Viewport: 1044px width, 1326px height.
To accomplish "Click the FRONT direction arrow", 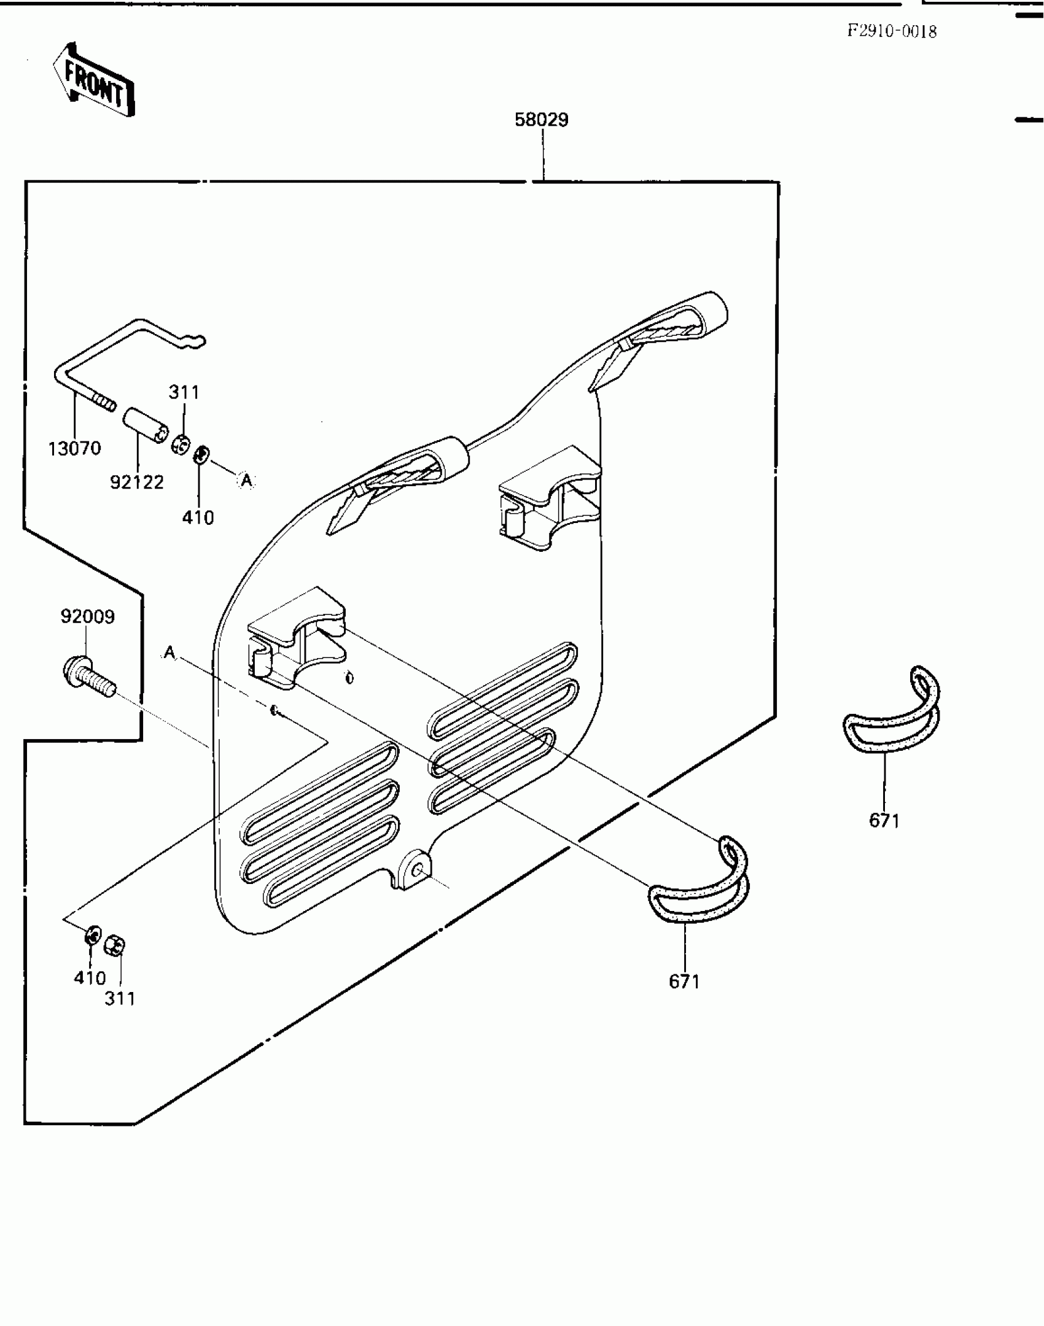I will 94,80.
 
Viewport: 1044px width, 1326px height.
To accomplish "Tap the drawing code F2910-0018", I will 892,31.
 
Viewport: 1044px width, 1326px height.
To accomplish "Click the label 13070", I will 74,449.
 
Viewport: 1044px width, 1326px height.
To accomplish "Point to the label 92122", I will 136,483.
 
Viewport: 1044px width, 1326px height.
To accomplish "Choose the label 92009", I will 87,616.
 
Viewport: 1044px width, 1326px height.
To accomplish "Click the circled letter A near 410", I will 246,481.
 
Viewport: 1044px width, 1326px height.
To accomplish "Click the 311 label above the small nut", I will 184,392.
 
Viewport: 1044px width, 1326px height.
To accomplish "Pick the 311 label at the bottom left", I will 120,999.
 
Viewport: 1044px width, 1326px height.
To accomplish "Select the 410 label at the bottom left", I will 90,978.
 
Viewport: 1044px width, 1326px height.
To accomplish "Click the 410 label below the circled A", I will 198,518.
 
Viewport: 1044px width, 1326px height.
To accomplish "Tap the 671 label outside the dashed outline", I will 884,821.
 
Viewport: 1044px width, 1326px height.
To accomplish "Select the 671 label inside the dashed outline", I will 684,982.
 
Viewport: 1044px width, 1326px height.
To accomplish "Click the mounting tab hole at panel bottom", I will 418,870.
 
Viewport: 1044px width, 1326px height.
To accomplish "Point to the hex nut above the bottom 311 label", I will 115,945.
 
